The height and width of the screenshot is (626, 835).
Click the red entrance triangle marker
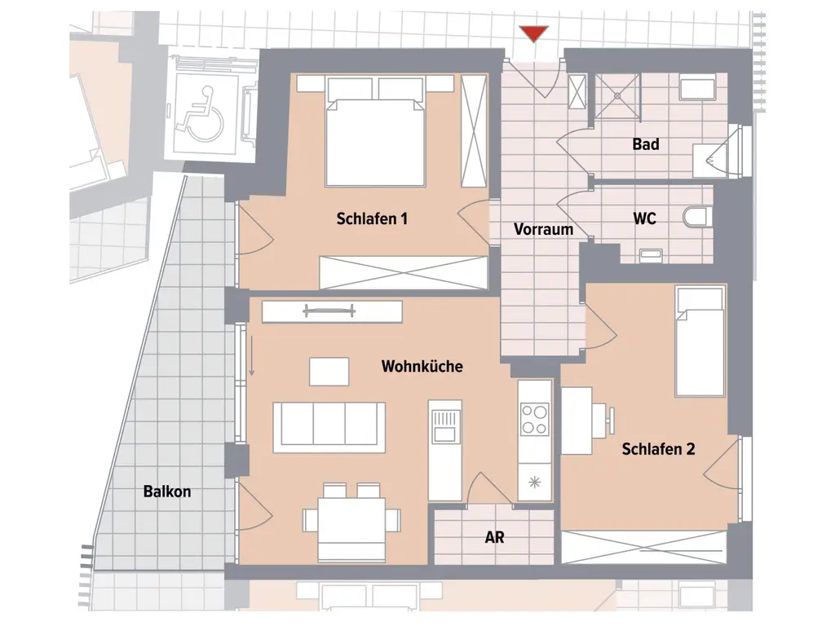click(534, 33)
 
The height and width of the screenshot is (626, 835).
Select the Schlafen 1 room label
click(372, 218)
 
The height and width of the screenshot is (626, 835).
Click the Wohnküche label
click(422, 367)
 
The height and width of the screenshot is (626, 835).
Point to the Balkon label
click(166, 492)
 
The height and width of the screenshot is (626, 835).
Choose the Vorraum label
click(543, 230)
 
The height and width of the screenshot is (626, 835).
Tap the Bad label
click(646, 144)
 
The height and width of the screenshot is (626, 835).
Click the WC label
click(644, 218)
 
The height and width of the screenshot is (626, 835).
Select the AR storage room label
click(494, 538)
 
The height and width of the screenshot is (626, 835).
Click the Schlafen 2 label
click(658, 449)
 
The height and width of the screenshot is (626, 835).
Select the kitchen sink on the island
click(444, 424)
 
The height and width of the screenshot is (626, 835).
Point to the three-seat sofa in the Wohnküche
click(329, 424)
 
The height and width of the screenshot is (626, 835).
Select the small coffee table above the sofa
click(329, 371)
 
